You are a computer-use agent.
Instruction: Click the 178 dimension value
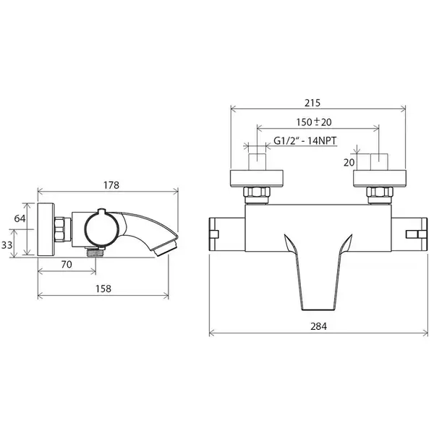(111, 185)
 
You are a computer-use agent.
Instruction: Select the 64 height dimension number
(20, 218)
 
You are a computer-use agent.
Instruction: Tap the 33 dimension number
(7, 245)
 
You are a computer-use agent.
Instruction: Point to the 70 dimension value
(67, 264)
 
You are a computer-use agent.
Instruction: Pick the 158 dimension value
(103, 289)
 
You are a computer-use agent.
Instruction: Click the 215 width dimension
(312, 103)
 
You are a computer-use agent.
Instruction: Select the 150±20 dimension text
(314, 122)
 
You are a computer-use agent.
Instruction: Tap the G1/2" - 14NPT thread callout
(305, 141)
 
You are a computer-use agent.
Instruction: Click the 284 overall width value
(318, 326)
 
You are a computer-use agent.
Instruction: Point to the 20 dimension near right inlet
(349, 163)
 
